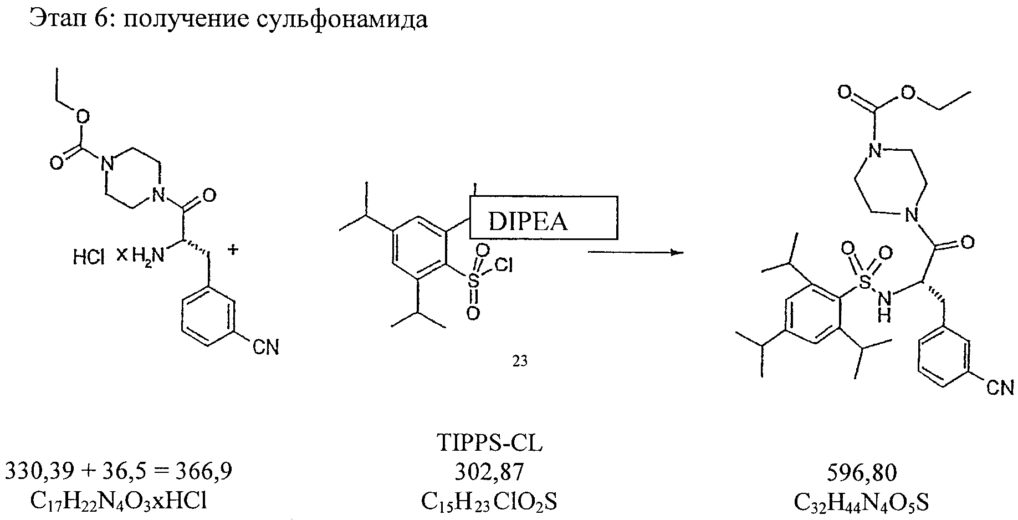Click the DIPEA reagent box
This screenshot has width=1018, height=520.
coord(543,217)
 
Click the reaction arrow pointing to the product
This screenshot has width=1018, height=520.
coord(635,252)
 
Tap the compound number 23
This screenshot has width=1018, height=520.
coord(519,361)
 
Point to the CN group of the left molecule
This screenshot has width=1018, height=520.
coord(265,348)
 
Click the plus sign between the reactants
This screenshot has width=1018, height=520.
coord(234,251)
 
